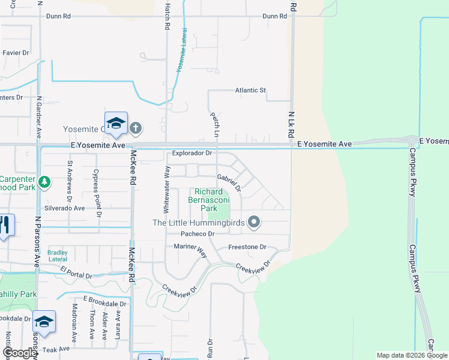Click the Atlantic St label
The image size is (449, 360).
pos(250,91)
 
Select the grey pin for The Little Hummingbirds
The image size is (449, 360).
pos(254,222)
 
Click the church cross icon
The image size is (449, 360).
pos(136,127)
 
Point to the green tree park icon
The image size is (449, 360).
pos(44,181)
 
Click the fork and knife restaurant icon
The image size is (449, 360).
pos(4,225)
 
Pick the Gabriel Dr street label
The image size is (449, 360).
pos(229,183)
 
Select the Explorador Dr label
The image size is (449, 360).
pos(192,153)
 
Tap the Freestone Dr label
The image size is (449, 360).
pos(247,247)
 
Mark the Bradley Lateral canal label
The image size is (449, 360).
pos(58,256)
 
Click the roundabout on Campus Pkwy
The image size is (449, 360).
pos(412,142)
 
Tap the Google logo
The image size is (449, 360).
pos(20,353)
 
